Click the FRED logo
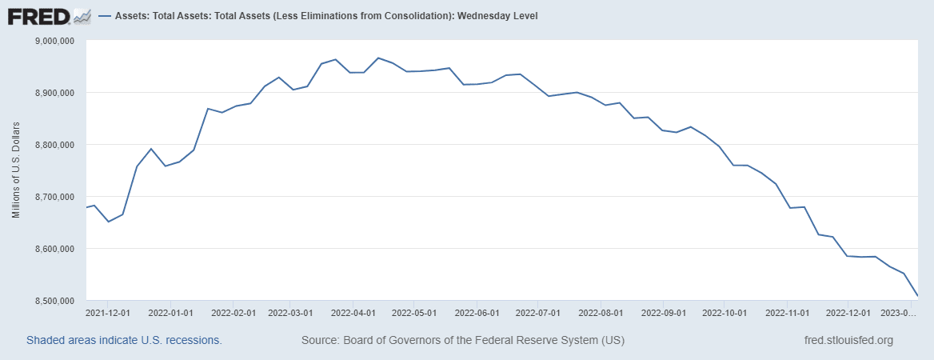[49, 15]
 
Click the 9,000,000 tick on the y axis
[53, 41]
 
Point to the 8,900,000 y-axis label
[53, 93]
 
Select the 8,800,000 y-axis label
[53, 145]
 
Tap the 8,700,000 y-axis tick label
[53, 197]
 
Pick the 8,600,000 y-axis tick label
[53, 249]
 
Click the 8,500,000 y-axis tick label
[53, 301]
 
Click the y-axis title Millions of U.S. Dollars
[16, 170]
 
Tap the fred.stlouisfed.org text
[848, 340]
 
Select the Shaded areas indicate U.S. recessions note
[124, 340]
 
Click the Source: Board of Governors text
[463, 340]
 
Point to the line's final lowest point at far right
[917, 296]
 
